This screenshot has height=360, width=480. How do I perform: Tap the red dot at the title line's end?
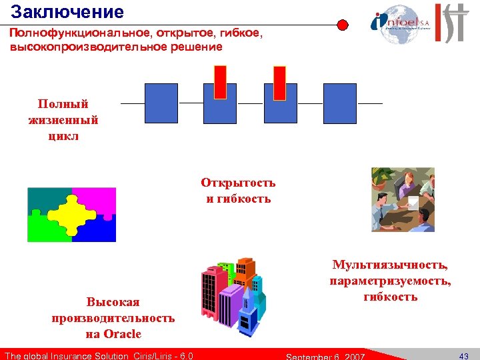click(x=342, y=25)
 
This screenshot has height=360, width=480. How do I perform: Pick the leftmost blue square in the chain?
click(x=161, y=103)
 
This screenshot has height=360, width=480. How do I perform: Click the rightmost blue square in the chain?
click(x=340, y=103)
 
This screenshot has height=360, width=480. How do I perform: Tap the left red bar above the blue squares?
click(x=220, y=82)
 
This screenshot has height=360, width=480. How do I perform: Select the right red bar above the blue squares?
click(x=279, y=82)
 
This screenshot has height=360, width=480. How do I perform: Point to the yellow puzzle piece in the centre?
click(x=71, y=214)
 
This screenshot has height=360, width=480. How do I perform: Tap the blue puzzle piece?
click(x=100, y=230)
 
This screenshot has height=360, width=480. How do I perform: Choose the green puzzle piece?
click(x=43, y=230)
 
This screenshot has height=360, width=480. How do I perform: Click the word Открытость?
click(x=237, y=183)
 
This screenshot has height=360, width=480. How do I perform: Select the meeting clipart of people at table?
click(x=403, y=199)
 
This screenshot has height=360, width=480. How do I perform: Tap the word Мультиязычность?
click(x=390, y=266)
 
